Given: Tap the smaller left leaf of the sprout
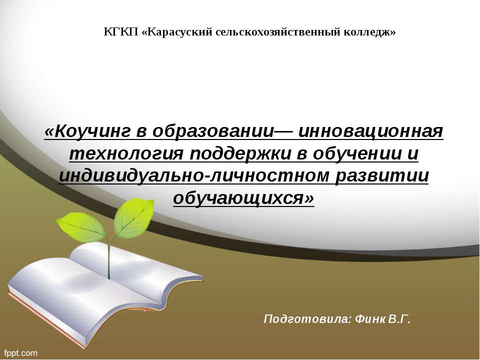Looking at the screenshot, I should pos(80,226).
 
